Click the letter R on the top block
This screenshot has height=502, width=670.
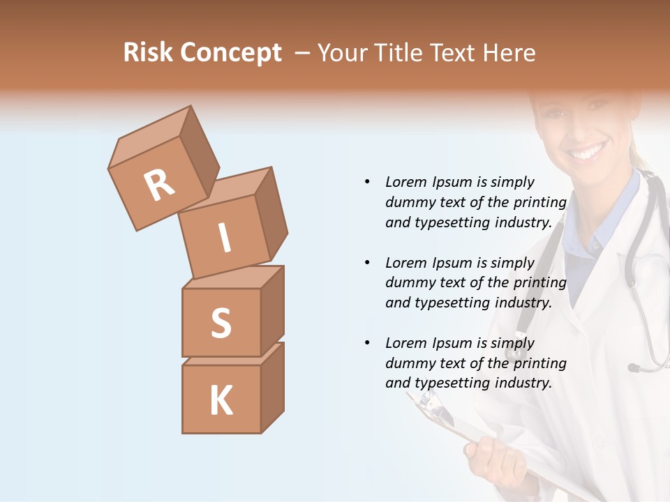[x=159, y=186]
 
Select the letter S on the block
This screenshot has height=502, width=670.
[x=221, y=323]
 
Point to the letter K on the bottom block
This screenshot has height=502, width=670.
[x=221, y=401]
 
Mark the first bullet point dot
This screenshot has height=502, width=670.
[x=367, y=182]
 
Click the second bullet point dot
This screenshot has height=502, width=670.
[x=367, y=263]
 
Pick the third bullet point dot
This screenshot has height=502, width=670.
[x=367, y=343]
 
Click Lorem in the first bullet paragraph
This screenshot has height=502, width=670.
[x=405, y=182]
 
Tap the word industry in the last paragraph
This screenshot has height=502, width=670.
[x=523, y=383]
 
